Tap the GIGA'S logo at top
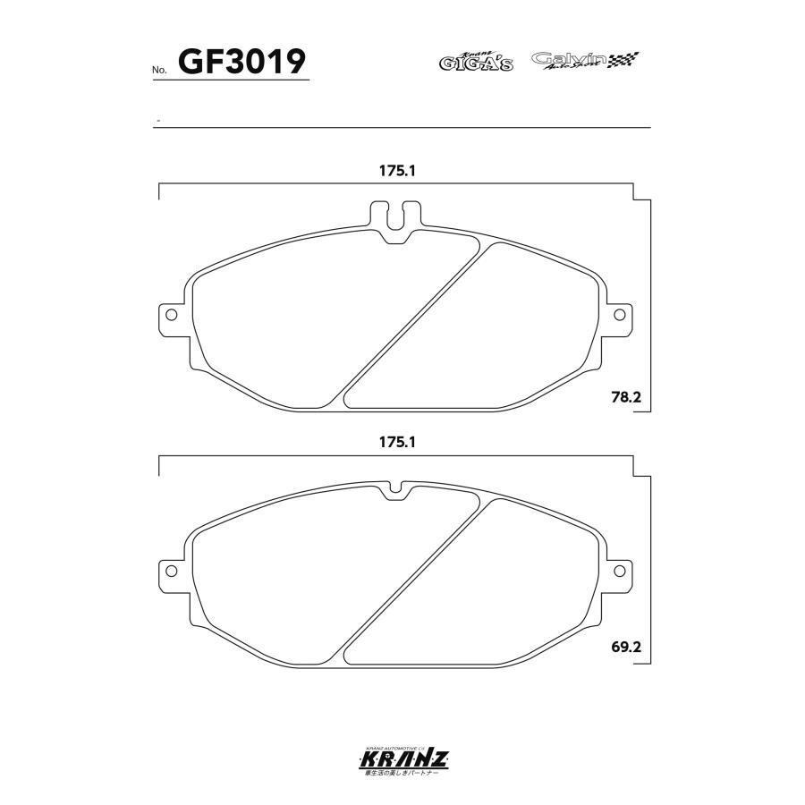click(x=475, y=62)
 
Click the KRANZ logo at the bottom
click(x=402, y=760)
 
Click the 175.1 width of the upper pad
click(x=397, y=171)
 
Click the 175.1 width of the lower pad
click(x=397, y=442)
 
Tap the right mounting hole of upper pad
click(x=619, y=315)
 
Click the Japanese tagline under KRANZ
click(x=402, y=774)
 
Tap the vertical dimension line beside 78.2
click(x=650, y=304)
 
